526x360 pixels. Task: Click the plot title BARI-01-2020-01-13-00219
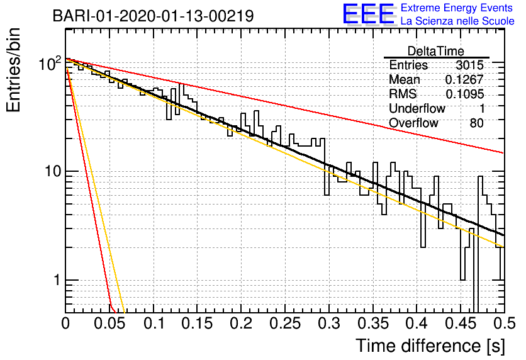coord(153,16)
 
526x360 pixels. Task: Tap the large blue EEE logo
coord(369,14)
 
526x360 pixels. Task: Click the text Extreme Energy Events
coord(457,8)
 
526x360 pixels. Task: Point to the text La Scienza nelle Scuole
coord(457,21)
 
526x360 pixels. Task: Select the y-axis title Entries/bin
coord(13,70)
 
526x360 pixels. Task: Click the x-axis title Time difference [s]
coord(430,346)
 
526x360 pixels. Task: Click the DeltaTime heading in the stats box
coord(435,51)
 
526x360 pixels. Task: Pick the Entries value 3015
coord(469,65)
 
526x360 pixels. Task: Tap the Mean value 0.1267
coord(464,79)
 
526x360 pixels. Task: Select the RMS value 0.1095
coord(464,94)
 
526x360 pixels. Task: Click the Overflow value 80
coord(477,123)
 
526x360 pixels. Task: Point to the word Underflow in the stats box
coord(417,108)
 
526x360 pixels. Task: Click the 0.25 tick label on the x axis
coord(285,323)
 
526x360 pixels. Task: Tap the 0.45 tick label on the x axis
coord(461,323)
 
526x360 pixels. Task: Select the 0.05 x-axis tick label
coord(109,323)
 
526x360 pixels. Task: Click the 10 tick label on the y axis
coord(53,171)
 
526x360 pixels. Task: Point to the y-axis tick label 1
coord(57,280)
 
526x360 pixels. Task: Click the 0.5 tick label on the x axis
coord(504,323)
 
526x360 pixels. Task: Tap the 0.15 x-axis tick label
coord(197,323)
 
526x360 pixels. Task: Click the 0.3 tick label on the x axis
coord(328,323)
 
